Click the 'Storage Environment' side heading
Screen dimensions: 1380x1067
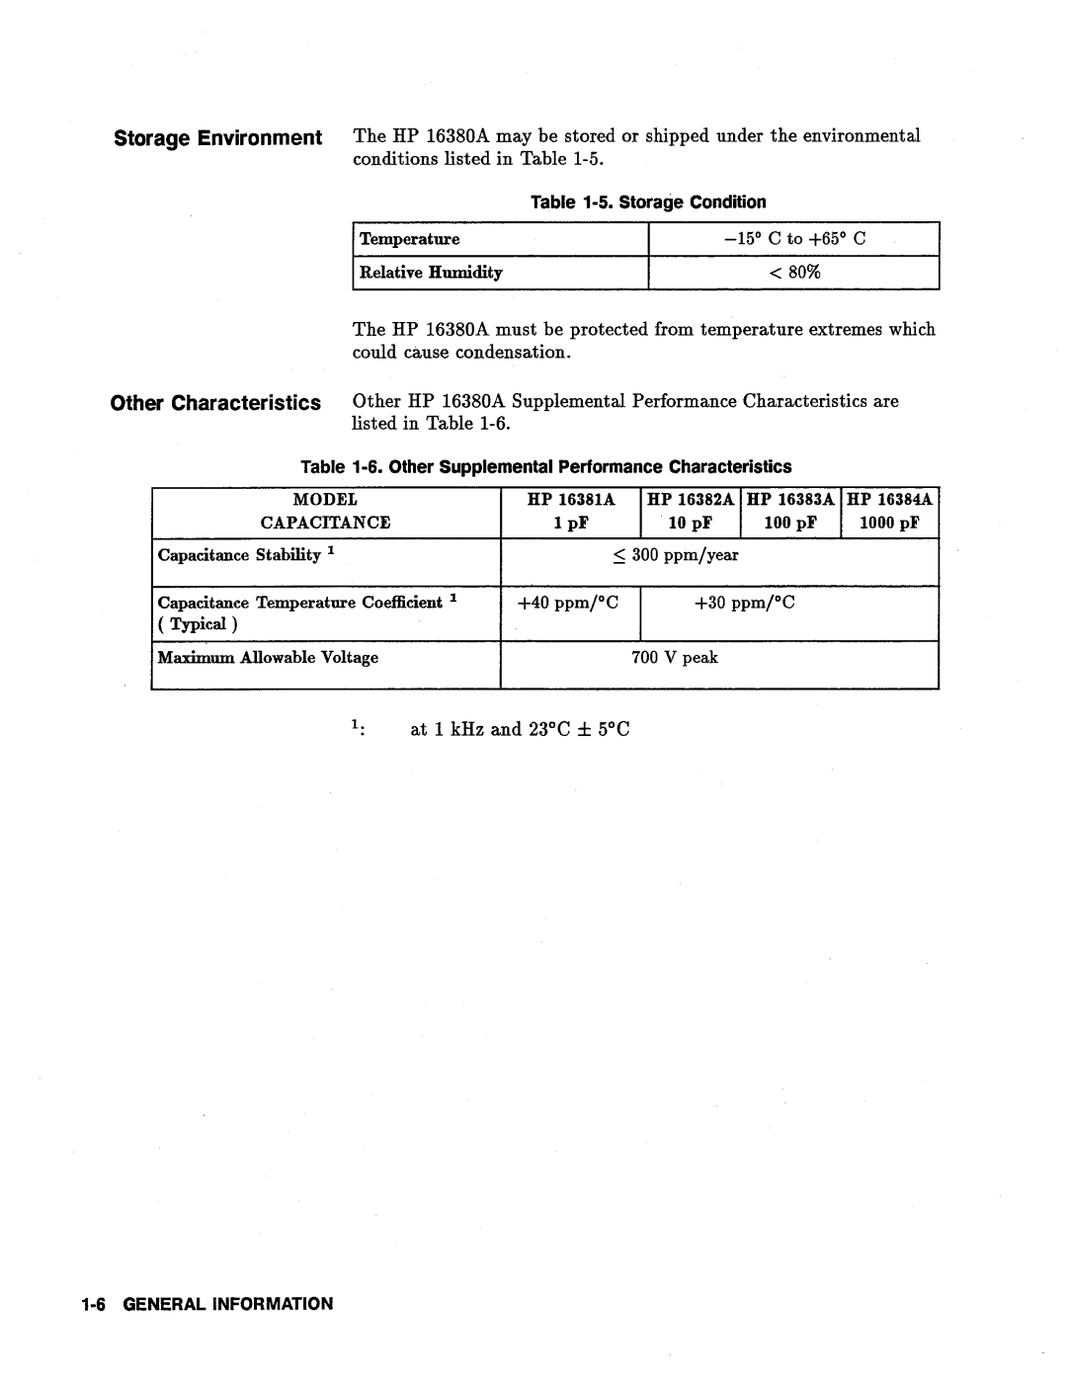[217, 137]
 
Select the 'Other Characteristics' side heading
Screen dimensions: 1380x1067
[215, 403]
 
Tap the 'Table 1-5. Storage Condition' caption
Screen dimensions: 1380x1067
[648, 203]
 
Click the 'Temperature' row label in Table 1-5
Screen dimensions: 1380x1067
[409, 239]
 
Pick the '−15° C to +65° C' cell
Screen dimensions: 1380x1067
[793, 239]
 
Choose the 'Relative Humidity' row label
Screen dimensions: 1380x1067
[431, 273]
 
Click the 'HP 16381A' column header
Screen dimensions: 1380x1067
[571, 501]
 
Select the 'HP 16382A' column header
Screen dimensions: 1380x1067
[692, 501]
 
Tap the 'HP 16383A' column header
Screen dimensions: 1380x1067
[791, 501]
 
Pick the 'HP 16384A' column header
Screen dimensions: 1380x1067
[889, 501]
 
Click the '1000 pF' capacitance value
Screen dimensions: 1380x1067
[889, 523]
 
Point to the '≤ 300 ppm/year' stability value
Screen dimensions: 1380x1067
[676, 555]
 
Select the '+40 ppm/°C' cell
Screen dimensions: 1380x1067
[571, 603]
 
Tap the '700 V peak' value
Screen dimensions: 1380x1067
[675, 658]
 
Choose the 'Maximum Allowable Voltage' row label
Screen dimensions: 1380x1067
[268, 658]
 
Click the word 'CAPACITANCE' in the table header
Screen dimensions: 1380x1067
[325, 523]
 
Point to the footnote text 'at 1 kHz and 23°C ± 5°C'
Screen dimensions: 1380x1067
[520, 730]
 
